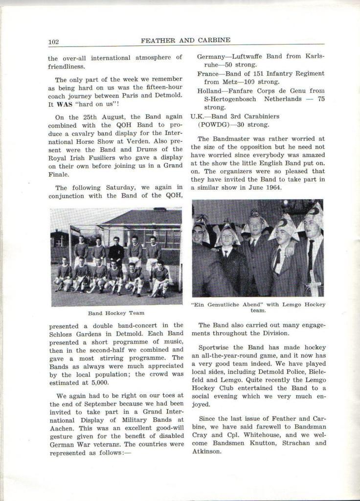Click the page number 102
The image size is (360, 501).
53,42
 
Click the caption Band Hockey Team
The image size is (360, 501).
116,313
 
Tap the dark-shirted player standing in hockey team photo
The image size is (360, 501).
116,250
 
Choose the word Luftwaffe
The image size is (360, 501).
251,57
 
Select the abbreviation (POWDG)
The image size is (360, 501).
213,125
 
